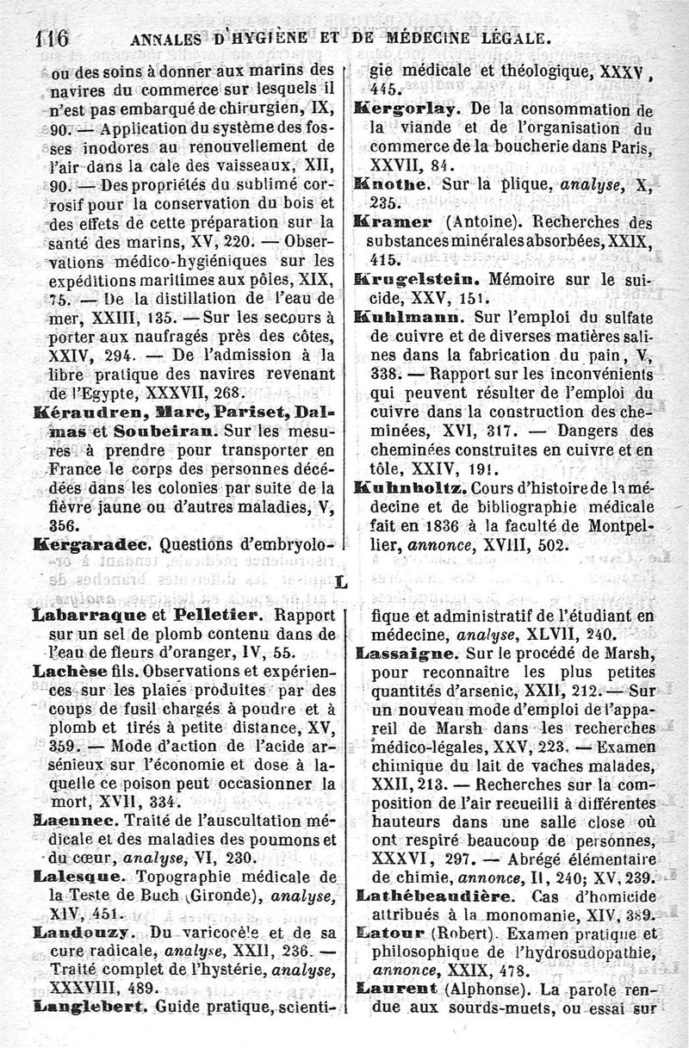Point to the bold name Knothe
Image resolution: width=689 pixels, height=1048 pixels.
[394, 184]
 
